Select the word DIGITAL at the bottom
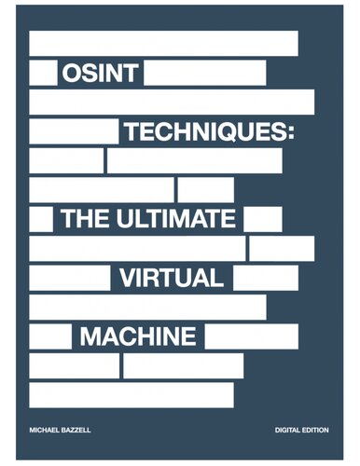[x=292, y=429]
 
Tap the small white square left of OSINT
[x=42, y=73]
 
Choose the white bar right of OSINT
[x=205, y=73]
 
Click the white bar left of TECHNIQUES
[x=74, y=131]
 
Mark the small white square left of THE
[x=41, y=219]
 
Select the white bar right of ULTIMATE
[x=262, y=219]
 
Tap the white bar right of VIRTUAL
[x=266, y=278]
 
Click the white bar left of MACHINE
[x=50, y=336]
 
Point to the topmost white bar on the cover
[x=163, y=43]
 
